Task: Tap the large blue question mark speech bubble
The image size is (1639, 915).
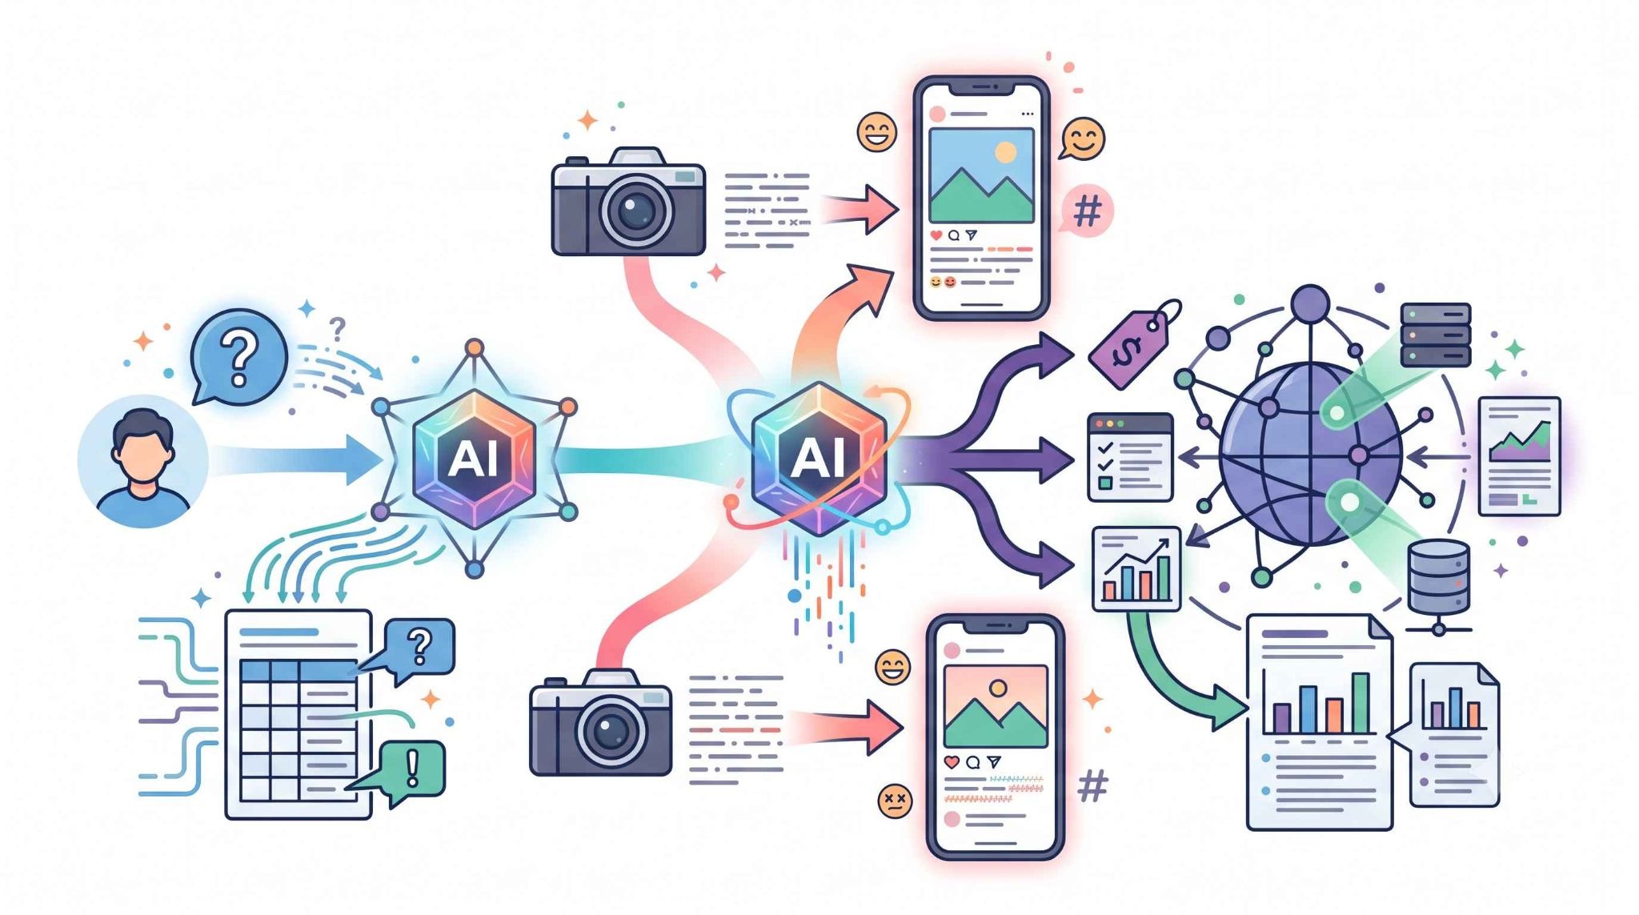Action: (x=238, y=357)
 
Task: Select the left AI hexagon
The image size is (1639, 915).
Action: (x=474, y=458)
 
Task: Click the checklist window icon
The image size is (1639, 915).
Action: (x=1129, y=457)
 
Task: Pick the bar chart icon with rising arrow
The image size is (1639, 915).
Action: (x=1136, y=568)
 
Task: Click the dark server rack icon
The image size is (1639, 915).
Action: (x=1436, y=335)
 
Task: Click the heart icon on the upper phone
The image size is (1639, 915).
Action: (x=936, y=235)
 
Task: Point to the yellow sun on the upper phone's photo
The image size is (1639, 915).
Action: (x=1004, y=152)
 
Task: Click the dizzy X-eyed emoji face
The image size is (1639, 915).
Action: (x=894, y=800)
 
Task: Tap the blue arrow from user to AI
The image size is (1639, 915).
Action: (x=297, y=459)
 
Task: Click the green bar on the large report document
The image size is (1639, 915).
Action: (x=1360, y=702)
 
